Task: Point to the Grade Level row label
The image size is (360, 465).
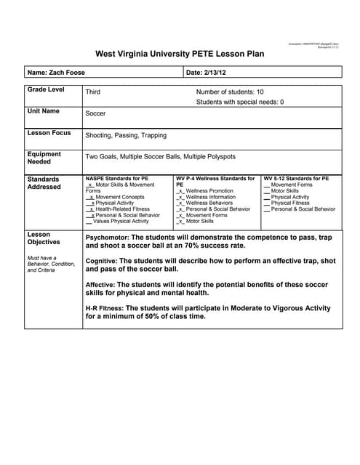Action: [46, 89]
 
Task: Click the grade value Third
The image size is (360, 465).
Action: [92, 92]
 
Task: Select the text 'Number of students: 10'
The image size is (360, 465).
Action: [230, 92]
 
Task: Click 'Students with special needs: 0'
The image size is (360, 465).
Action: [240, 102]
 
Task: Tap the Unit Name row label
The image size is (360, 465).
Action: [44, 111]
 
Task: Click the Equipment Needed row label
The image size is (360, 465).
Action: [44, 158]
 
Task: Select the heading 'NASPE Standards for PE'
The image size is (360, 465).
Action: [116, 178]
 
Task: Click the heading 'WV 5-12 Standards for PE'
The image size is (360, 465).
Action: [296, 178]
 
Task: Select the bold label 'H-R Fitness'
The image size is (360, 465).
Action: [104, 307]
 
